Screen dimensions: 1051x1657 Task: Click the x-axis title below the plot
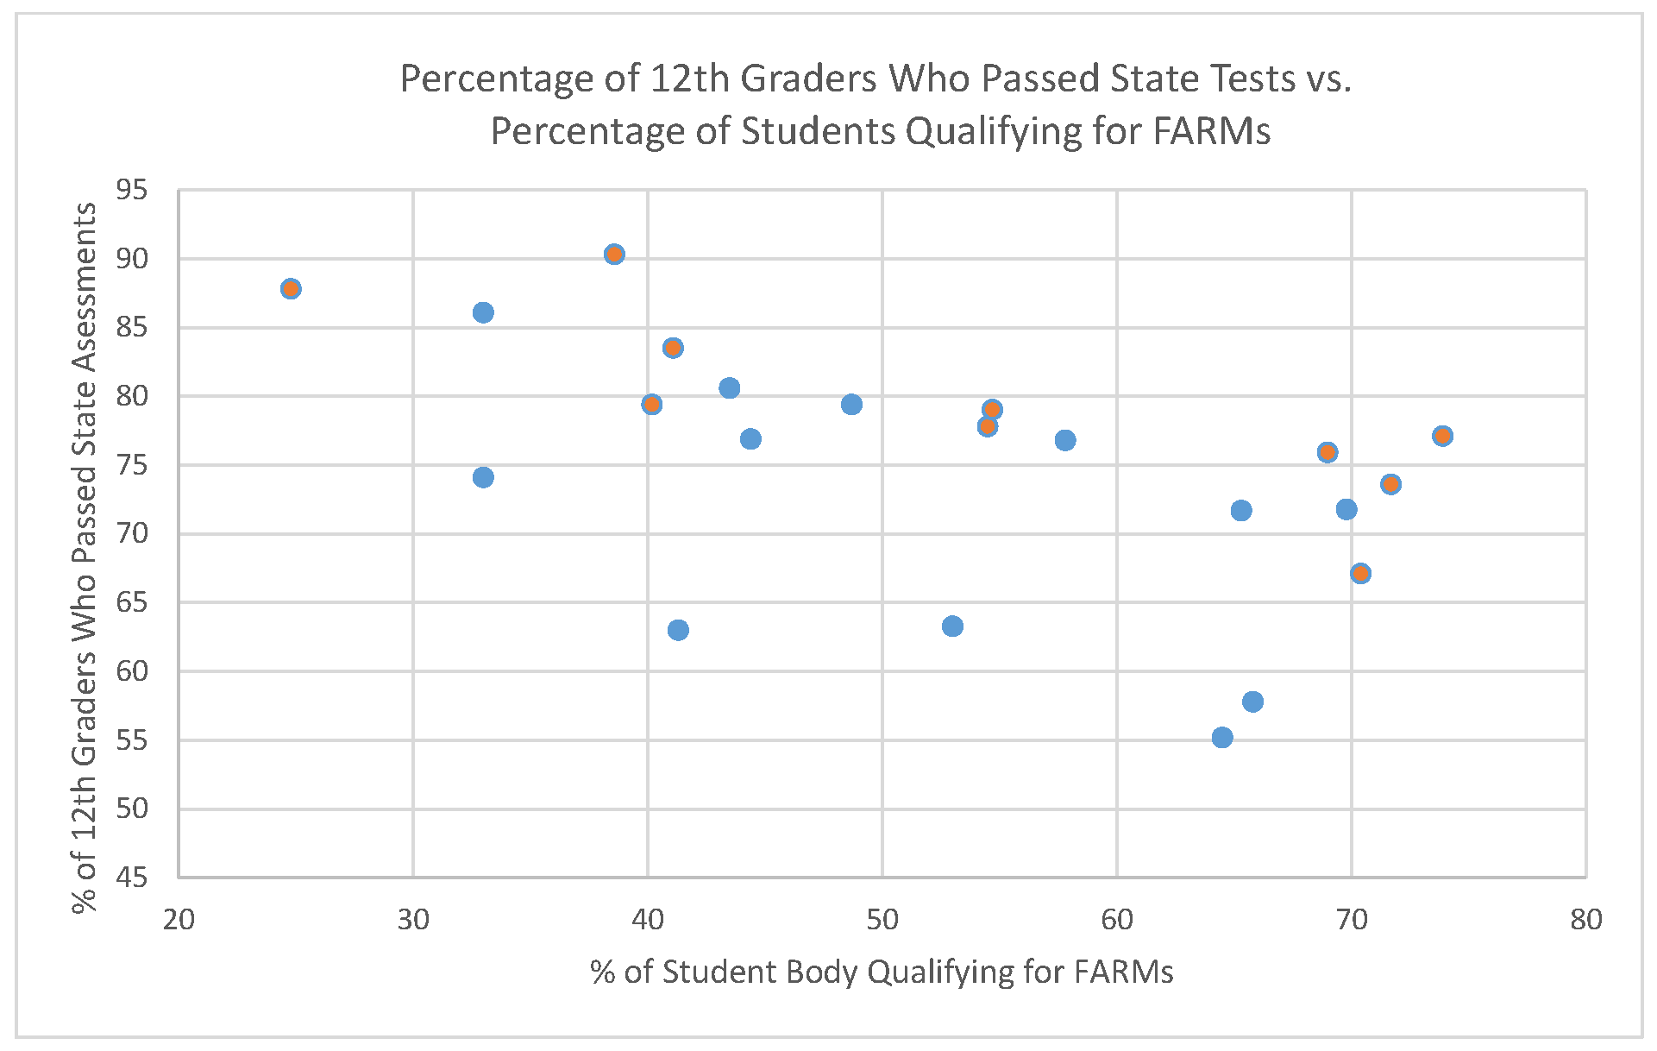pos(882,972)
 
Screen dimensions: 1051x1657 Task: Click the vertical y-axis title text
pos(85,557)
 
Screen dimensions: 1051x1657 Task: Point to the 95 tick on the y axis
pos(131,190)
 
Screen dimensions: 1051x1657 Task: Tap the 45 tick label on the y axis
pos(131,878)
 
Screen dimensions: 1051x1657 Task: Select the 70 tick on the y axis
pos(131,534)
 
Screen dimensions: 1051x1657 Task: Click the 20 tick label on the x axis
pos(179,921)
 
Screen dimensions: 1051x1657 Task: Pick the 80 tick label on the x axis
pos(1585,921)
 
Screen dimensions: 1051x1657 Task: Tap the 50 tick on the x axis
pos(882,921)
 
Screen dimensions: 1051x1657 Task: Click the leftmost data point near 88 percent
pos(291,288)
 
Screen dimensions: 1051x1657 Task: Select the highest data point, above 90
pos(614,255)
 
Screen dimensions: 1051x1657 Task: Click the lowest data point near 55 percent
pos(1222,738)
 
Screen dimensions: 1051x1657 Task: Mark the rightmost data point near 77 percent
pos(1442,436)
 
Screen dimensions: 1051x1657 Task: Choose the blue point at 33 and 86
pos(483,312)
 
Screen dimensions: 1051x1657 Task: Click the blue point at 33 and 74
pos(483,477)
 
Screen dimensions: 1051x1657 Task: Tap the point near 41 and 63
pos(678,630)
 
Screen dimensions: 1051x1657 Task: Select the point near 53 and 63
pos(952,626)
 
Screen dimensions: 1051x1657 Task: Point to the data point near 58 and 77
pos(1065,440)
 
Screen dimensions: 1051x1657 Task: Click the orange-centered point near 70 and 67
pos(1360,573)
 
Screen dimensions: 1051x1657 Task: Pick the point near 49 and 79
pos(851,405)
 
